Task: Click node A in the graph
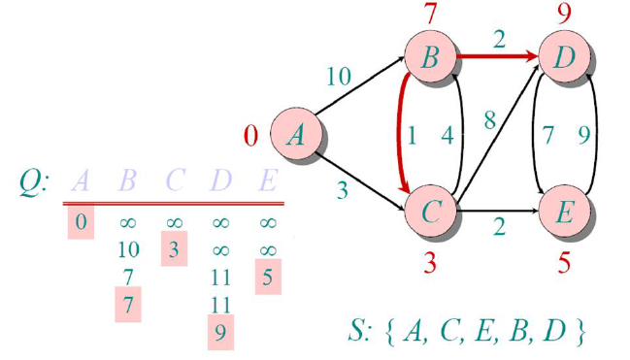pos(295,134)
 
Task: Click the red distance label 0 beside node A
pos(250,135)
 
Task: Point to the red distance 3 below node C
pos(431,261)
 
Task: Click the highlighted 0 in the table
pos(82,223)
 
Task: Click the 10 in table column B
pos(128,250)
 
